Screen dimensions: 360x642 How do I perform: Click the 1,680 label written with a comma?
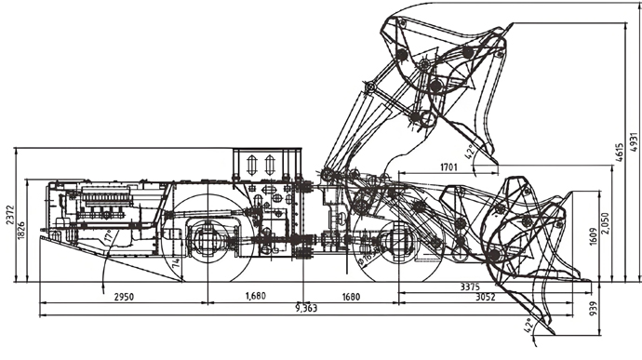coord(256,296)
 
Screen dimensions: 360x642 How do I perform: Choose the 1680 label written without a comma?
coord(351,296)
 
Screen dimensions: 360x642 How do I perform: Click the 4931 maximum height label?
coord(634,136)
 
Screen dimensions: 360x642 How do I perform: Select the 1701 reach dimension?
coord(448,167)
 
